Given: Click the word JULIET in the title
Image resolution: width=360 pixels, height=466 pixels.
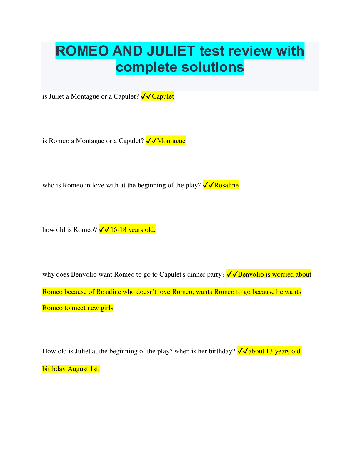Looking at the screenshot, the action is tap(171, 51).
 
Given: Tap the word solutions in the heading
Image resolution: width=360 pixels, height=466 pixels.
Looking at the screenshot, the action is tap(213, 67).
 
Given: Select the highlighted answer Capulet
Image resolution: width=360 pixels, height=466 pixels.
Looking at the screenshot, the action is tap(163, 96).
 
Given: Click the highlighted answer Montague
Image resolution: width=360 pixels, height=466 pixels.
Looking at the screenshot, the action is tap(171, 141).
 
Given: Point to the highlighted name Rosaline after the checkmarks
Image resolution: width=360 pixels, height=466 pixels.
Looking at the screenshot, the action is tap(226, 185).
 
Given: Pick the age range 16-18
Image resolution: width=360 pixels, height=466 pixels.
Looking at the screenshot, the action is tap(118, 230).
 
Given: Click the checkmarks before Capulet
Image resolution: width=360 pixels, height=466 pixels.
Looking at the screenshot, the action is tap(146, 96).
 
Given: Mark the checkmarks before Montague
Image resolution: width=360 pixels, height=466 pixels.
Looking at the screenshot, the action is tap(151, 141).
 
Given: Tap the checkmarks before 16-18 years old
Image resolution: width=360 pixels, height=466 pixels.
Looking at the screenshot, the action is tap(104, 230).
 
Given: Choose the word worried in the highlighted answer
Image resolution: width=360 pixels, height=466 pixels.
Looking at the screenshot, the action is tap(283, 274).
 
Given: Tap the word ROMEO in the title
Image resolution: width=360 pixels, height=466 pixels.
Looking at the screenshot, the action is tap(82, 51).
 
